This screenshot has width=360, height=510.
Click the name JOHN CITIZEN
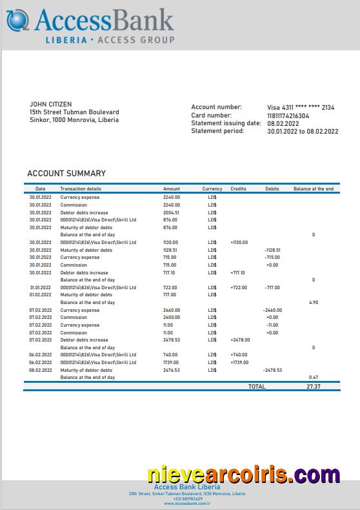point(51,104)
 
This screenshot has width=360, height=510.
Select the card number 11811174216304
point(288,116)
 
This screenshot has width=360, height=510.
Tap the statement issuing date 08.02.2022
point(283,123)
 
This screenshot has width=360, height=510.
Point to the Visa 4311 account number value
point(301,107)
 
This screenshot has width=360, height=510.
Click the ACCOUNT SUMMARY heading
point(66,174)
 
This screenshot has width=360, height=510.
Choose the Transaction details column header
point(81,189)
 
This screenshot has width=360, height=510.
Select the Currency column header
point(212,189)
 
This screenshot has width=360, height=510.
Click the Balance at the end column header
point(314,189)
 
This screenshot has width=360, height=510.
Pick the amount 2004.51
point(171,212)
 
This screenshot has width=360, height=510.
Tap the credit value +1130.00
point(239,242)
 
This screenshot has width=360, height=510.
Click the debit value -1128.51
point(272,250)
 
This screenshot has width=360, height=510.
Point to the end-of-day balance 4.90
point(314,302)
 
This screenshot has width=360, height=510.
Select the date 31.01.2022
point(40,287)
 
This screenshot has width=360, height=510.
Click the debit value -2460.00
point(272,310)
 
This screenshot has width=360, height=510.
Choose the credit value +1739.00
point(239,362)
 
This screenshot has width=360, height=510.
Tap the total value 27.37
point(314,386)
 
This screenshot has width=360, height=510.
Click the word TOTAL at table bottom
point(257,386)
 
